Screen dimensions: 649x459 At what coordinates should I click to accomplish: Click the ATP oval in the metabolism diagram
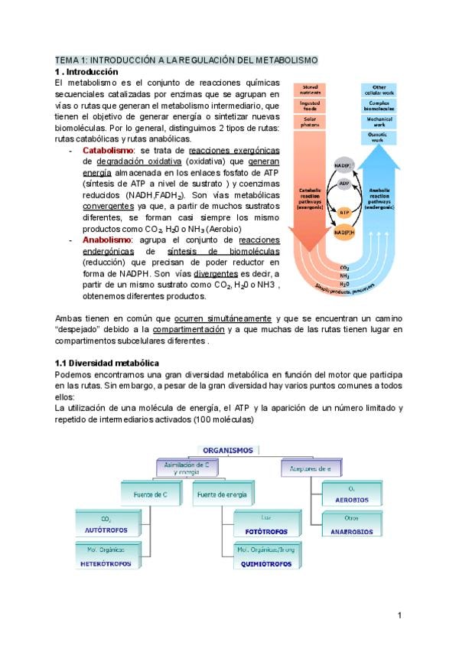pos(344,212)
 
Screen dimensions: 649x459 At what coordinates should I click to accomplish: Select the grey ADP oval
pos(344,184)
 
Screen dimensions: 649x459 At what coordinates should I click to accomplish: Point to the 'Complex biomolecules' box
pos(379,106)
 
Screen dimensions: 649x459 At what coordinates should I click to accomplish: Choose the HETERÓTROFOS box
pos(106,556)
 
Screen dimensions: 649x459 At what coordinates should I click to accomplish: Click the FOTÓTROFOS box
pos(266,523)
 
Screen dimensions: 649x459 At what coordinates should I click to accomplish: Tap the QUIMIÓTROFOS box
pos(266,556)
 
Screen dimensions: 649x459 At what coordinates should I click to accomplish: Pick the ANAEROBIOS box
pos(352,524)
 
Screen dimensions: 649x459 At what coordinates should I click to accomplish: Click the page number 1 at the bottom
pos(399,615)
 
